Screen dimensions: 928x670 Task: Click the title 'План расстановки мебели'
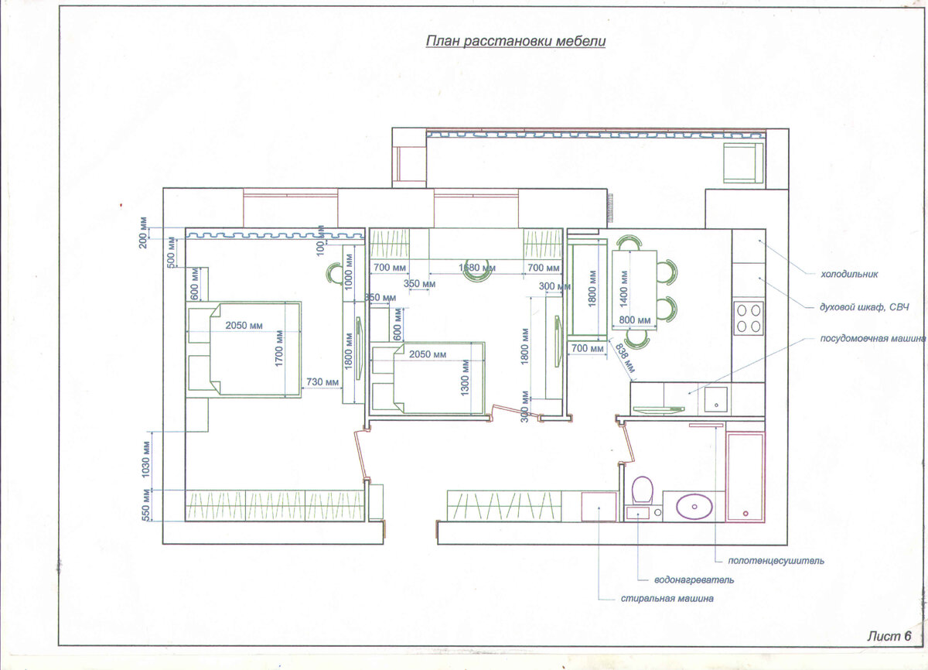pyautogui.click(x=516, y=42)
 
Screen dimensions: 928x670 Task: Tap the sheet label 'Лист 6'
pyautogui.click(x=889, y=636)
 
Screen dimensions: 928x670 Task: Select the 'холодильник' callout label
pyautogui.click(x=849, y=274)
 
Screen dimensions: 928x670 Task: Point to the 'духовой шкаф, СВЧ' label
pyautogui.click(x=865, y=307)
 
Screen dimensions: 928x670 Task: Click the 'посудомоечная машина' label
pyautogui.click(x=872, y=339)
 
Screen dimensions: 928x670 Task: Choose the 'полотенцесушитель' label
pyautogui.click(x=776, y=561)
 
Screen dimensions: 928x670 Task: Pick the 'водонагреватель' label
pyautogui.click(x=694, y=580)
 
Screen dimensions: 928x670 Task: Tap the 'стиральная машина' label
pyautogui.click(x=667, y=599)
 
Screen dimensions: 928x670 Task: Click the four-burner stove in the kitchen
pyautogui.click(x=749, y=318)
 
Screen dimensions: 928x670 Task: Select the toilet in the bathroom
pyautogui.click(x=642, y=491)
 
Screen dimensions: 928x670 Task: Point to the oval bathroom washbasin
pyautogui.click(x=694, y=506)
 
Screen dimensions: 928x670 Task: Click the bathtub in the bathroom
pyautogui.click(x=745, y=477)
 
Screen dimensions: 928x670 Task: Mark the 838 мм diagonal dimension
pyautogui.click(x=624, y=358)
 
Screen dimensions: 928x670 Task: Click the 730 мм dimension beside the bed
pyautogui.click(x=322, y=381)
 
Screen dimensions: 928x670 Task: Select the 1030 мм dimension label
pyautogui.click(x=145, y=460)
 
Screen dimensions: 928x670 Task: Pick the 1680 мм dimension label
pyautogui.click(x=477, y=268)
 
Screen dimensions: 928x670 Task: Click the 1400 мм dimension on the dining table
pyautogui.click(x=623, y=289)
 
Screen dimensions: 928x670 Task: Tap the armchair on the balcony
pyautogui.click(x=743, y=162)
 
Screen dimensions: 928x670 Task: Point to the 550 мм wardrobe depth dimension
pyautogui.click(x=145, y=505)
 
